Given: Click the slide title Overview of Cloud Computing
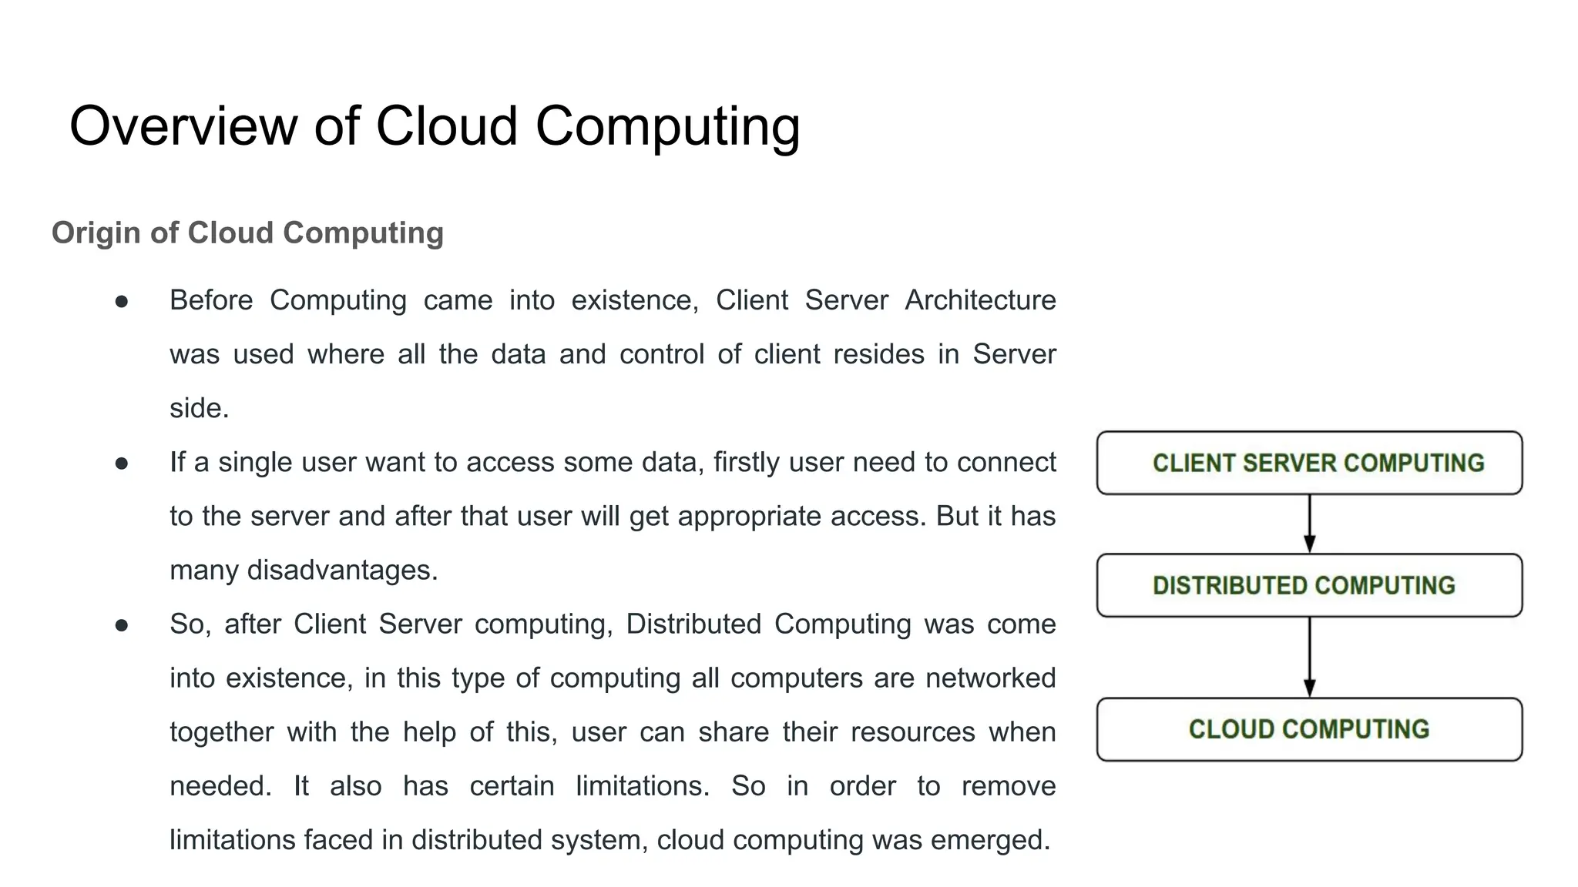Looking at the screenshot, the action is tap(435, 126).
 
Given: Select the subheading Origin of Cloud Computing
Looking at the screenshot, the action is tap(247, 233).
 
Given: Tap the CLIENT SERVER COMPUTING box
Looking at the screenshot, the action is tap(1309, 463).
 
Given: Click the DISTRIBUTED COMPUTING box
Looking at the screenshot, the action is tap(1309, 585).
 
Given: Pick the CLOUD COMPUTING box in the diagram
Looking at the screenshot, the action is tap(1309, 729).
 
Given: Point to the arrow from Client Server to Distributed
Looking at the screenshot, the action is tap(1309, 524).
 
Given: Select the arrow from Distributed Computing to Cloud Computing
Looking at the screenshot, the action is tap(1309, 657).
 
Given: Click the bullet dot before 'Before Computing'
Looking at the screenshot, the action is tap(122, 302).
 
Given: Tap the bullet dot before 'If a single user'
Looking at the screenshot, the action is tap(122, 464).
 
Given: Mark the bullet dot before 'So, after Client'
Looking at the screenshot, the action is tap(122, 625).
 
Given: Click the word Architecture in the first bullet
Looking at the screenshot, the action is tap(980, 300).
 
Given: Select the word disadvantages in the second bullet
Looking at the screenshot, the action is tap(342, 570).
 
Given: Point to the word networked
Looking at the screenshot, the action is tap(990, 678).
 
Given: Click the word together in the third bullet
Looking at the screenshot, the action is tap(221, 731).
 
